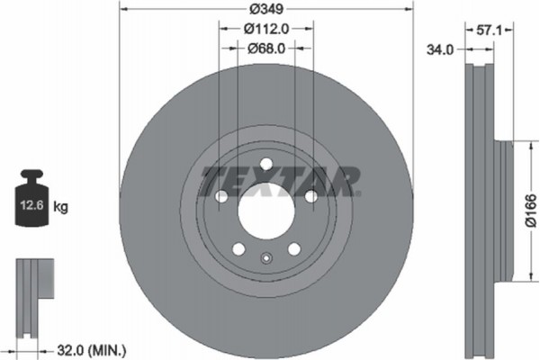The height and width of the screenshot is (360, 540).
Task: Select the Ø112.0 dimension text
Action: point(266,28)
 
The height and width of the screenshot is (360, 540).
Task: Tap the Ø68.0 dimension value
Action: point(266,49)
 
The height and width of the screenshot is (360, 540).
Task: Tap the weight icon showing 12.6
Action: point(31,202)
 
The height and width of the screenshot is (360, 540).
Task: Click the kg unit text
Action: point(61,207)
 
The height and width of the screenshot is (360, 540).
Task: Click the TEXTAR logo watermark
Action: point(279,180)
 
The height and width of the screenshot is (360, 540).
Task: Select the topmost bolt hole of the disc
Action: point(265,164)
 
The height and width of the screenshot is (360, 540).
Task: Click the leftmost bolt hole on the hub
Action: point(220,196)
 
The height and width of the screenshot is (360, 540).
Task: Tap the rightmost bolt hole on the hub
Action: point(310,196)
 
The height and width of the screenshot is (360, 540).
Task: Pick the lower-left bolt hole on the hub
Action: point(238,249)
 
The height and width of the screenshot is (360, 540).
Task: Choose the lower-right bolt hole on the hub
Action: point(293,249)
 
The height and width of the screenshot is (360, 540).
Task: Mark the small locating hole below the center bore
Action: point(265,261)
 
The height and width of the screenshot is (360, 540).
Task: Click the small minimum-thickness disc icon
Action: point(34,288)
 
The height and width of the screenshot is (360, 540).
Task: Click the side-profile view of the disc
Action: point(486,207)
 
